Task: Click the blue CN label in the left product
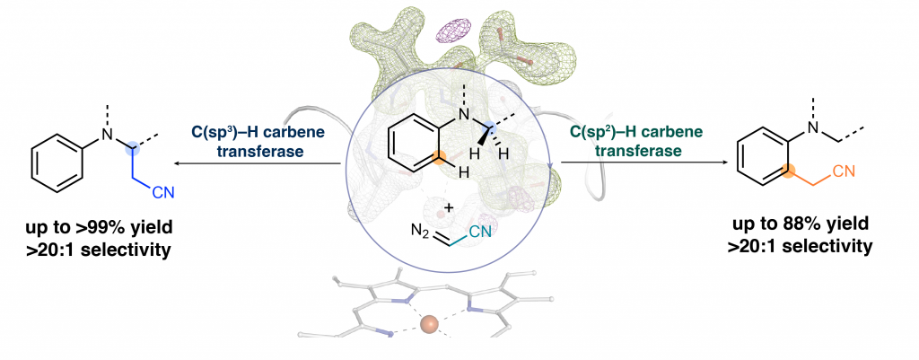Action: [163, 192]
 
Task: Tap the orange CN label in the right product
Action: [843, 171]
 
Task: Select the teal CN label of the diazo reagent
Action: [481, 233]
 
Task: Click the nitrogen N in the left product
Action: [107, 135]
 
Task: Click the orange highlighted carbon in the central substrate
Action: [437, 157]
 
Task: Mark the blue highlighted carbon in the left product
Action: [135, 150]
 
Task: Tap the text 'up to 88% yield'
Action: [801, 224]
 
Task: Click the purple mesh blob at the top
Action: [458, 30]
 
